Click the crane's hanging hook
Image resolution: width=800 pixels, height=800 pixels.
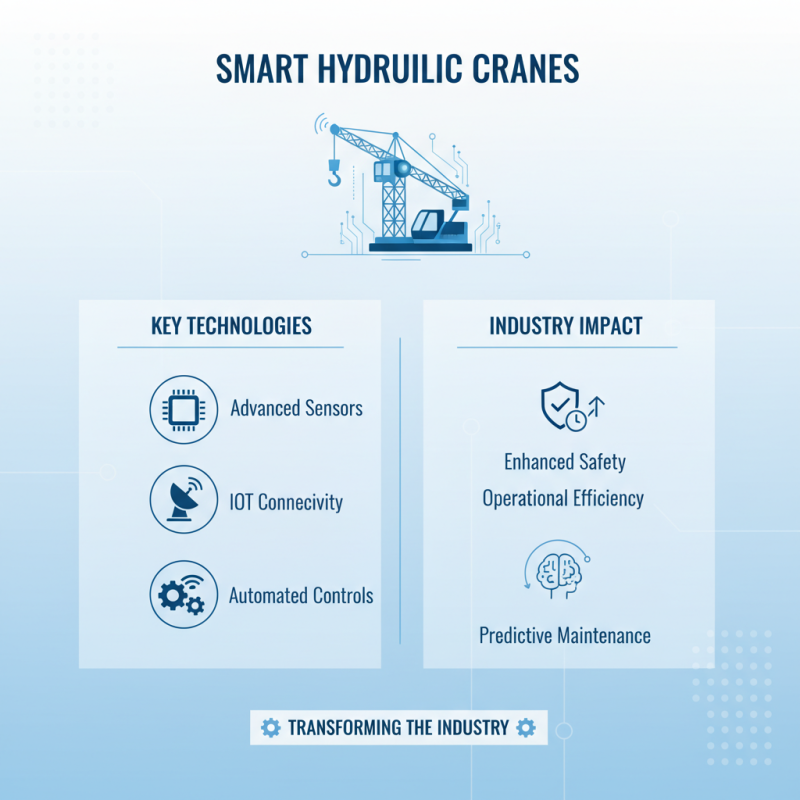pos(335,178)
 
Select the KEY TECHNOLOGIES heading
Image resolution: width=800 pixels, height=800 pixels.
pos(231,326)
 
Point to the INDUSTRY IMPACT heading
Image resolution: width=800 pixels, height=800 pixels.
pos(566,326)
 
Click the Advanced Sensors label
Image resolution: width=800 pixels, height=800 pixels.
pos(296,408)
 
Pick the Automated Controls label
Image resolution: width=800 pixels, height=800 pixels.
pos(301,596)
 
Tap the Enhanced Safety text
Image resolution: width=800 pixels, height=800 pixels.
pos(565,461)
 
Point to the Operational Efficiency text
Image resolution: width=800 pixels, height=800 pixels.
pos(563,498)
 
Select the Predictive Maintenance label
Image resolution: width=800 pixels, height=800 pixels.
pos(565,635)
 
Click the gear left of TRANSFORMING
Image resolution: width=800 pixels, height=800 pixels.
pos(270,728)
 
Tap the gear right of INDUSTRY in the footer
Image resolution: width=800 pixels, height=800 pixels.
pos(527,728)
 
